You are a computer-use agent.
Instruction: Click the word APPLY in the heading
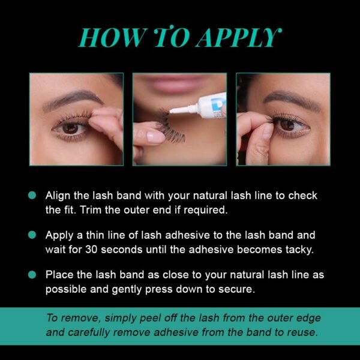click(239, 38)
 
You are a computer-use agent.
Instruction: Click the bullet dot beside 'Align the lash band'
click(32, 196)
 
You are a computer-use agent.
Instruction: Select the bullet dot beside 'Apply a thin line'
click(32, 235)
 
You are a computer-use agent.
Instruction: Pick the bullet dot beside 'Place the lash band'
click(32, 275)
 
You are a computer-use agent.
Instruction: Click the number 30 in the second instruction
click(91, 250)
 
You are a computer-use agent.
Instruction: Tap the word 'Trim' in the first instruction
click(91, 210)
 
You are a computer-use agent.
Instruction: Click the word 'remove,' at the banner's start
click(81, 319)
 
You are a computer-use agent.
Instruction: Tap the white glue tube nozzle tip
click(171, 112)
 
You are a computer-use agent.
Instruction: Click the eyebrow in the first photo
click(73, 99)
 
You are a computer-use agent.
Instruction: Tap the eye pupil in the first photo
click(70, 128)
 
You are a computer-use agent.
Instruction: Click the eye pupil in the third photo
click(287, 125)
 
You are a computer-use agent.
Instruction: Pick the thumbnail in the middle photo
click(154, 137)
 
